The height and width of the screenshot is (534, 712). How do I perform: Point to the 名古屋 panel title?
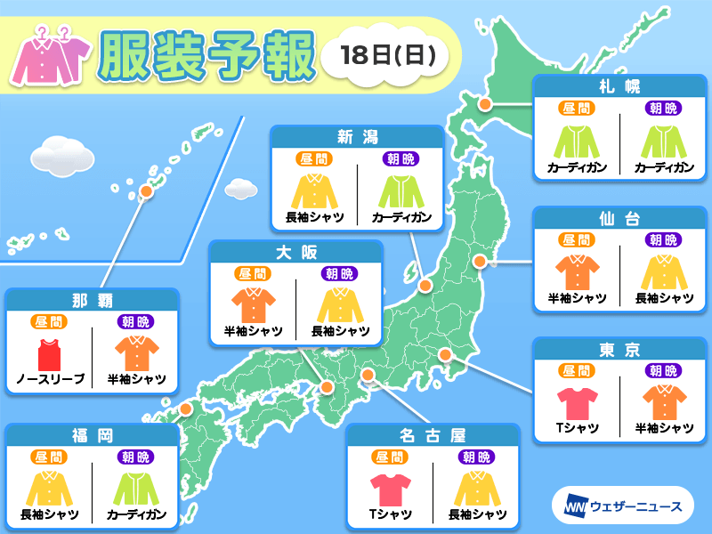[x=432, y=436]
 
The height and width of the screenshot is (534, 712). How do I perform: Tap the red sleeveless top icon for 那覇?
[x=50, y=353]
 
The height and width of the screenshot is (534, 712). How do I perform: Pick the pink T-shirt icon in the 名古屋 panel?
[x=389, y=489]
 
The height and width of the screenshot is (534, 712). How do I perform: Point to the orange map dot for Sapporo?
[x=486, y=104]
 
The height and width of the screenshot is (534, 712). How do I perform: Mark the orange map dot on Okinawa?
[x=146, y=190]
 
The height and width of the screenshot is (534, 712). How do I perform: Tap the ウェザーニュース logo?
[x=622, y=506]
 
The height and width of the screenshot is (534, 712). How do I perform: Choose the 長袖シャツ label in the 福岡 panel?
[x=50, y=514]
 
